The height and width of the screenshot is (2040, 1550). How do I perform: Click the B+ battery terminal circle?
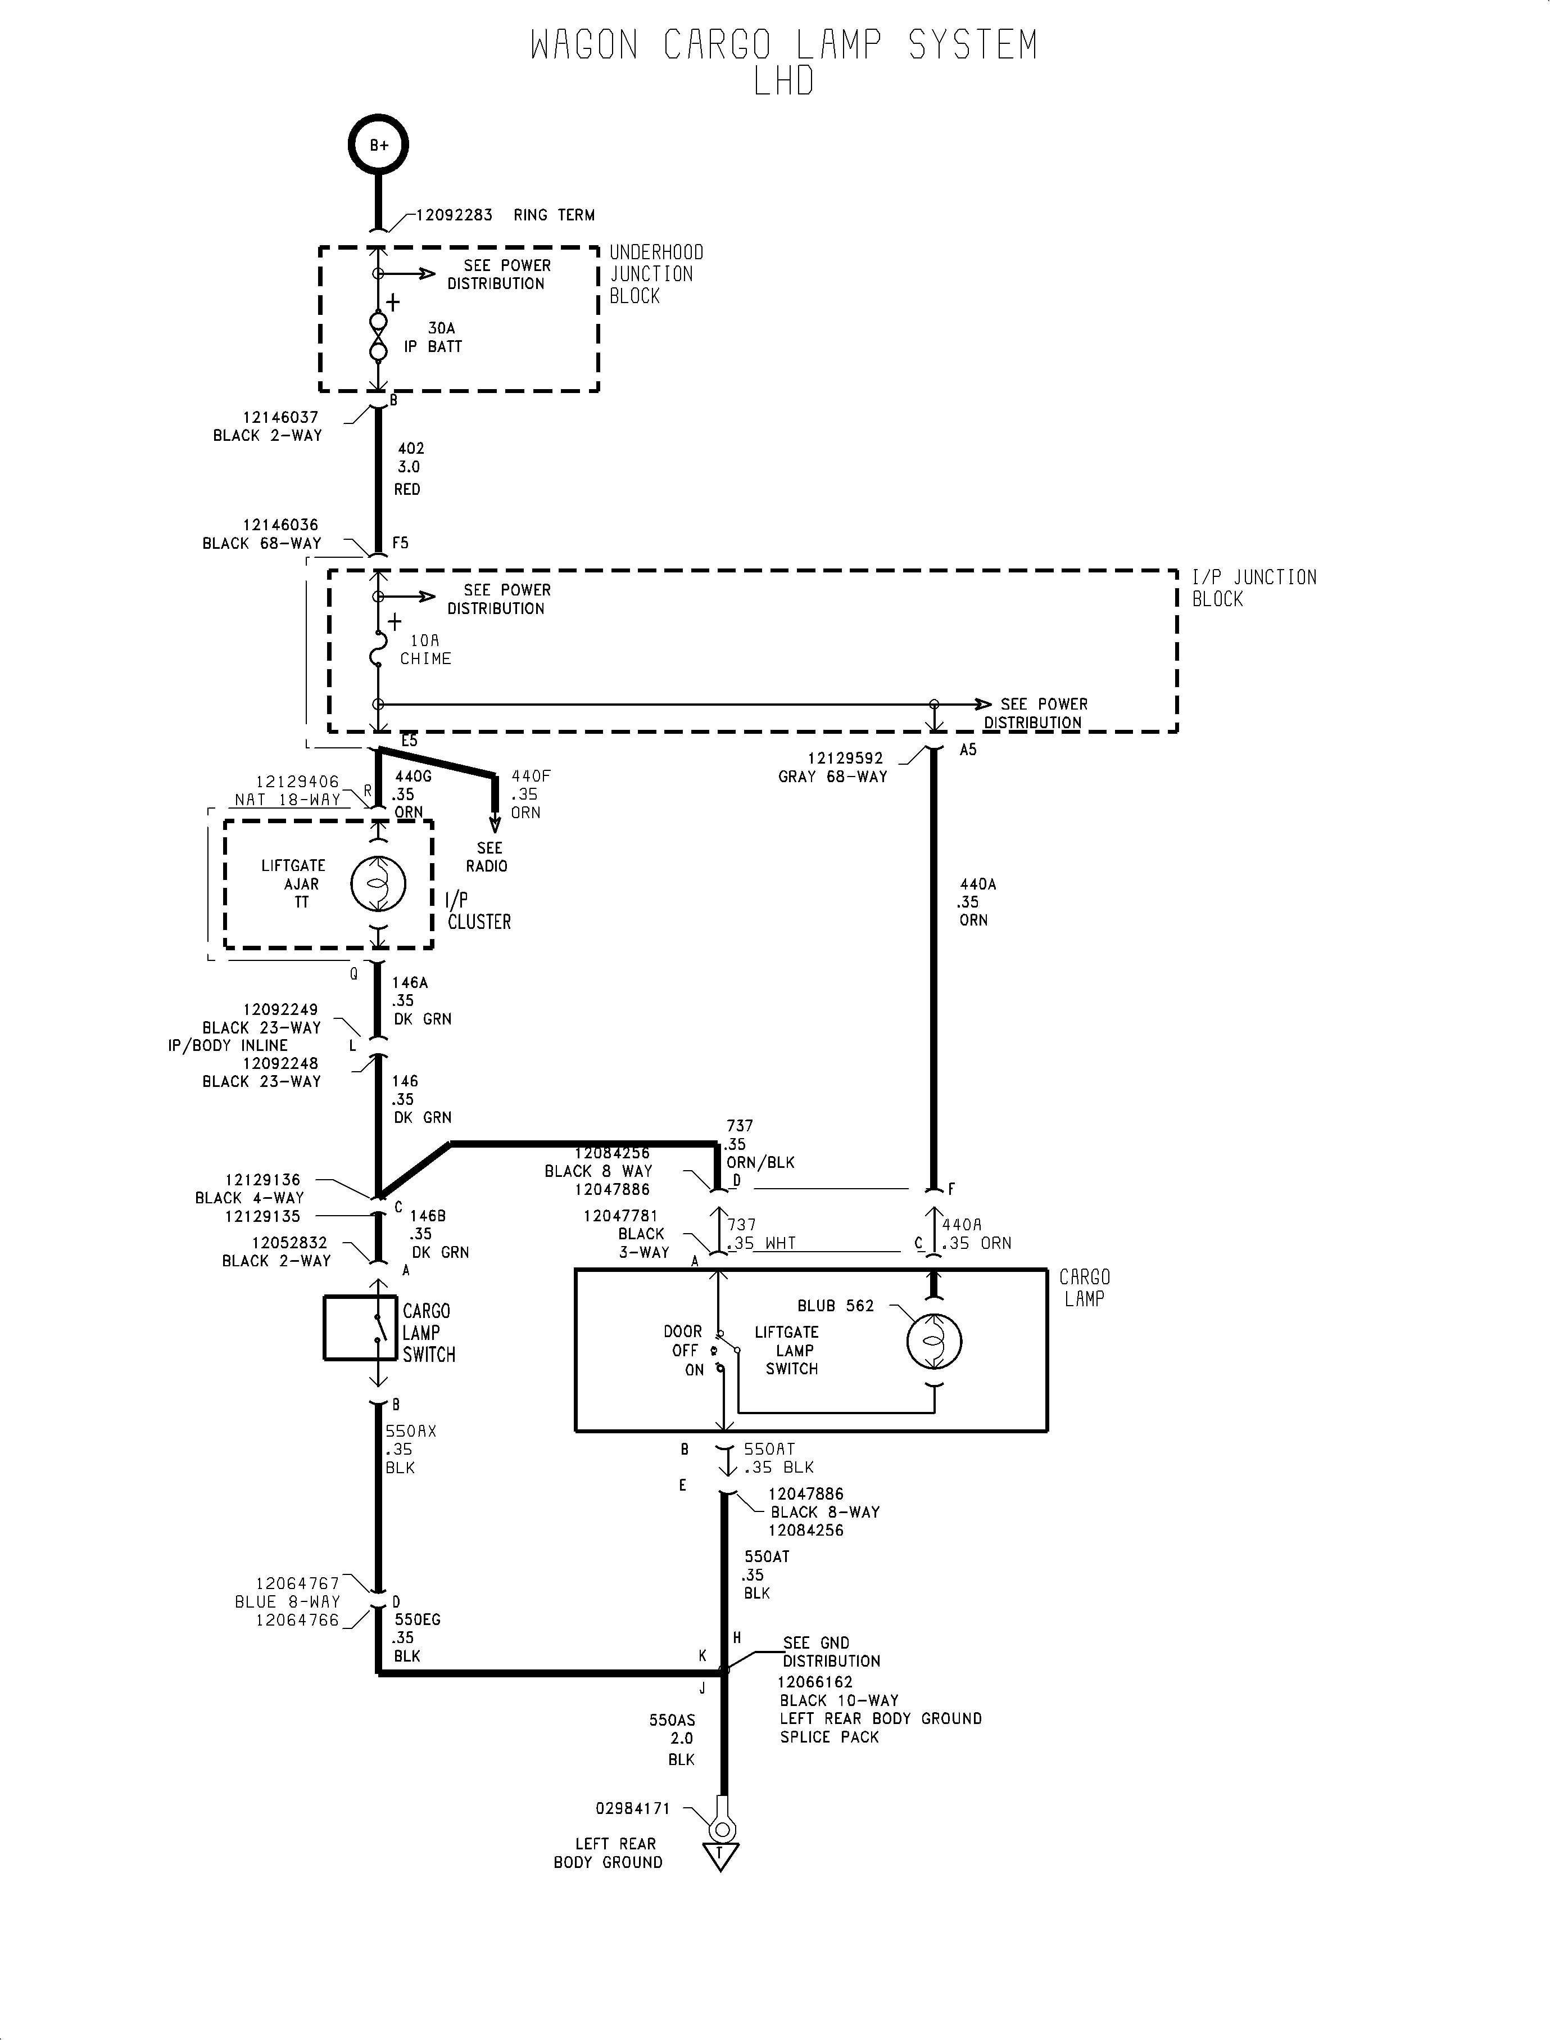(x=378, y=146)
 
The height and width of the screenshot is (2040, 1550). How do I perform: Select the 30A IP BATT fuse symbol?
(x=378, y=337)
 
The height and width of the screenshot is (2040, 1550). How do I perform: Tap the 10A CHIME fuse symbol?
(x=377, y=649)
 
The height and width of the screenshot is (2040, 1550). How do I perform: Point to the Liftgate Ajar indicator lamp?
(x=377, y=883)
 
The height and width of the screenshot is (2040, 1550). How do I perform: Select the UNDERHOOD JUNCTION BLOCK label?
(x=655, y=274)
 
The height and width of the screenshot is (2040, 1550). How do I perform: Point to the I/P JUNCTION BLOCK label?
(x=1253, y=588)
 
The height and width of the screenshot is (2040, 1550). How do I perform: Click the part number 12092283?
(x=454, y=215)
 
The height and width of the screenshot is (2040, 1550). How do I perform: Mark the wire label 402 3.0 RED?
(x=409, y=468)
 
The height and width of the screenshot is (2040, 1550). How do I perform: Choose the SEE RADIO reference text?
(x=487, y=856)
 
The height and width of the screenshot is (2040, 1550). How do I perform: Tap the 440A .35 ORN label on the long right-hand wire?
(x=976, y=902)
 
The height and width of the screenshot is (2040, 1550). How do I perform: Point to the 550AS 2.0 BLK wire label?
(x=673, y=1739)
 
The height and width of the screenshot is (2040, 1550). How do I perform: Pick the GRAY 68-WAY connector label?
(x=832, y=777)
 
